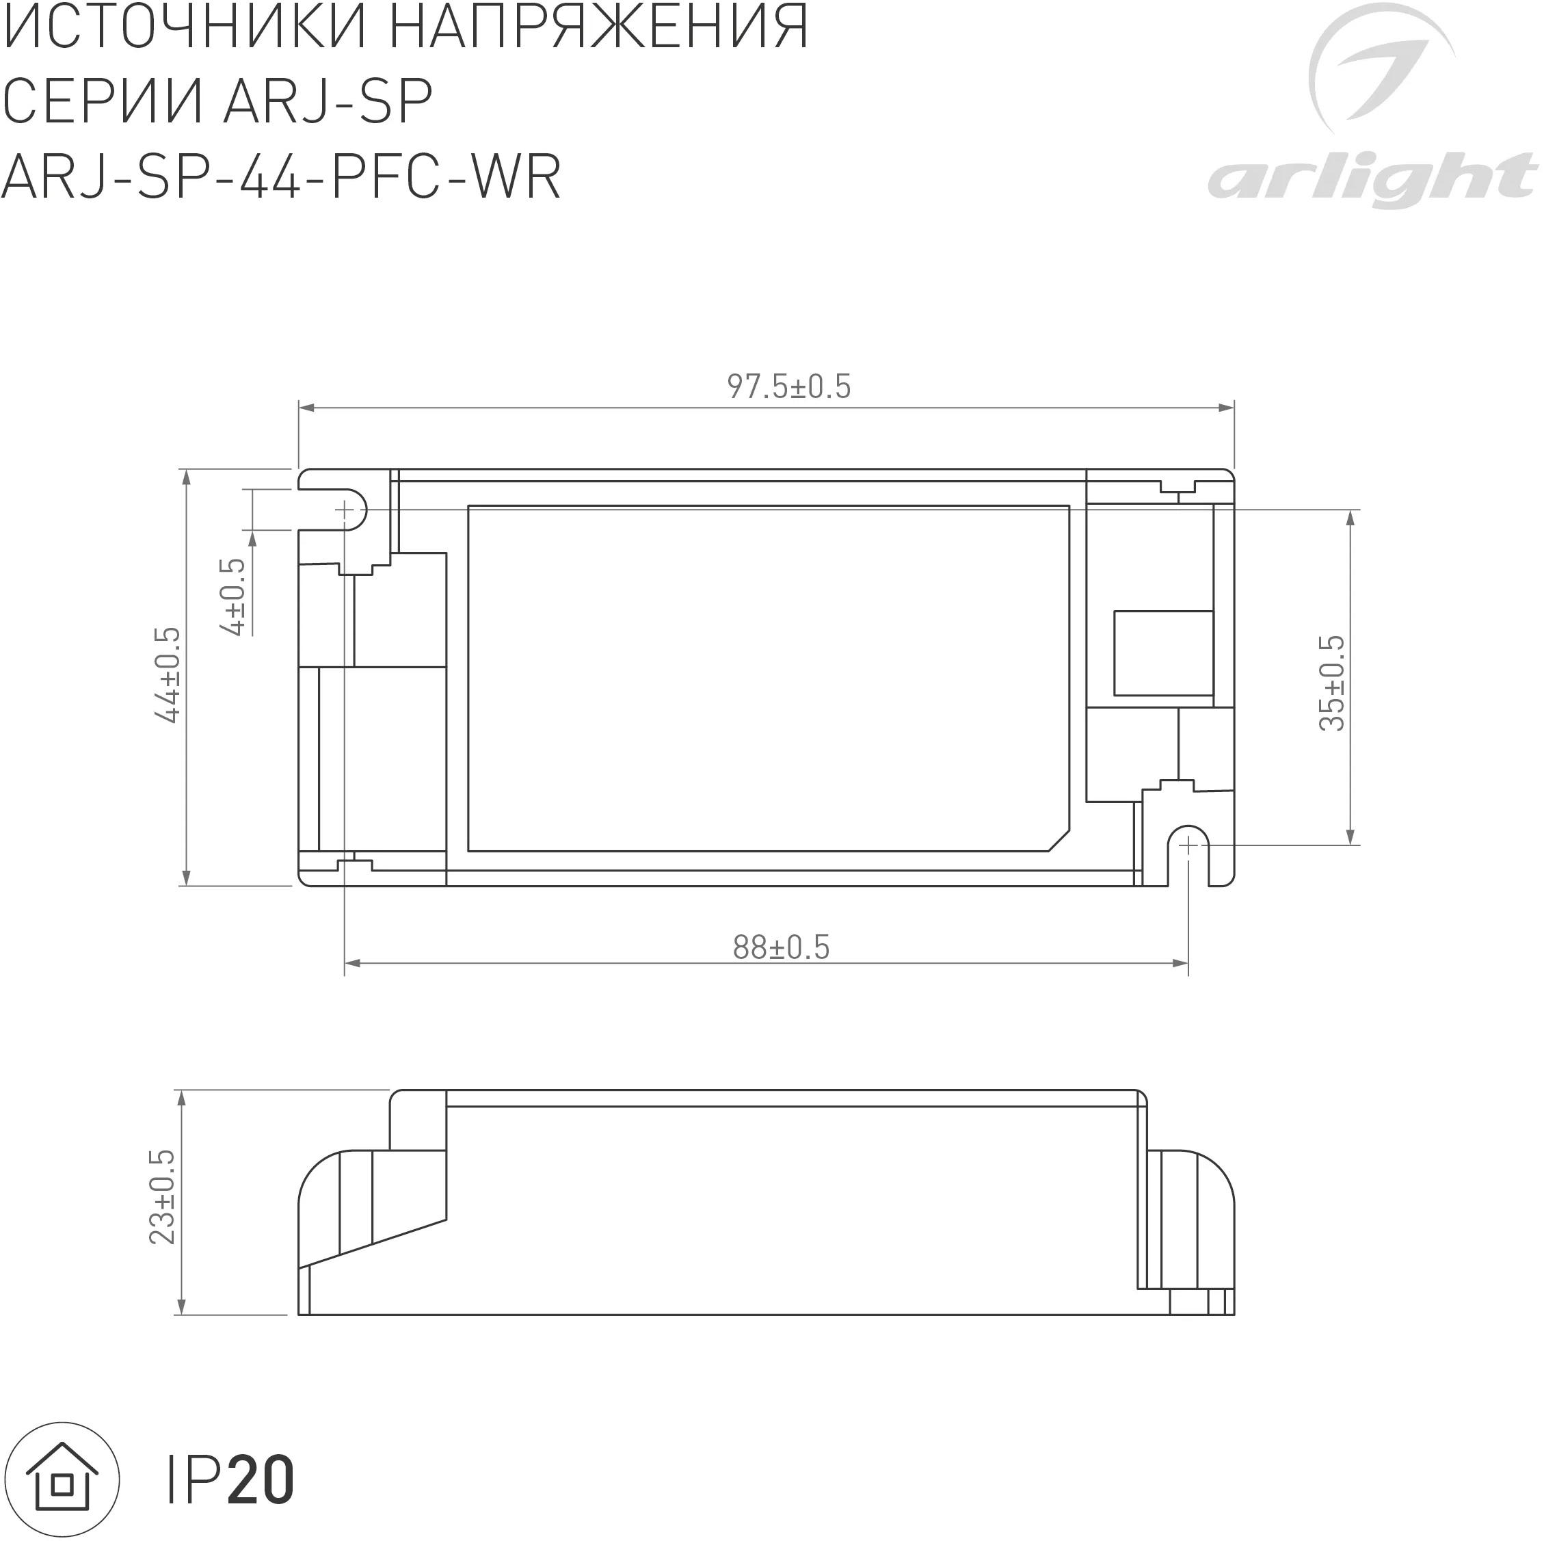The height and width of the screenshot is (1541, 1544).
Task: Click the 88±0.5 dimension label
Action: pos(781,948)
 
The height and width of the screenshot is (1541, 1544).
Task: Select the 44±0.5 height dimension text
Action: pos(168,675)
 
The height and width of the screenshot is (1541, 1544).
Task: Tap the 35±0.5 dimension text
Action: pos(1332,683)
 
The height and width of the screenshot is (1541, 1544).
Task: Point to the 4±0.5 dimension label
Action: pos(234,597)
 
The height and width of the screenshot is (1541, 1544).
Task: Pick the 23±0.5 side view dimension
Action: pos(162,1196)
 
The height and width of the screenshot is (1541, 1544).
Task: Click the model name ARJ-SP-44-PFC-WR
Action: pos(281,176)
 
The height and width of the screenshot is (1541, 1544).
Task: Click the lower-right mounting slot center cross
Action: pos(1188,845)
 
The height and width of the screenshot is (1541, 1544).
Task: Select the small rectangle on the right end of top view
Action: pos(1163,653)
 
